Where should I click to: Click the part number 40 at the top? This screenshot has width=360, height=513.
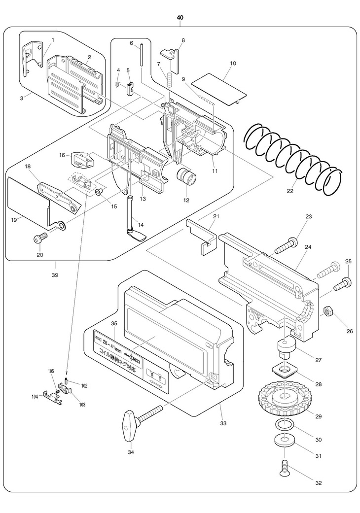(x=180, y=18)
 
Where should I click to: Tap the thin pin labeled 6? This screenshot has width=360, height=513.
(x=141, y=54)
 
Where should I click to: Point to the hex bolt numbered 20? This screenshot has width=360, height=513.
(x=39, y=239)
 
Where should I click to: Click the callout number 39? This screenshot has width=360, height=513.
(x=55, y=274)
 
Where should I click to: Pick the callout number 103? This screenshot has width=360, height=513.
(x=82, y=405)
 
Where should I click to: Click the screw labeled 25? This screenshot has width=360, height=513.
(x=343, y=283)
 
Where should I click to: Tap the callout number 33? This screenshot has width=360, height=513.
(x=223, y=423)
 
